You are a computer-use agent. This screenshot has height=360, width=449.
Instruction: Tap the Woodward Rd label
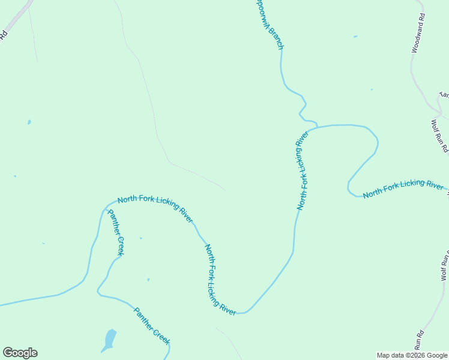(418, 34)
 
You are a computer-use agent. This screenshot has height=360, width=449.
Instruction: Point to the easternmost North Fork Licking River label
(403, 188)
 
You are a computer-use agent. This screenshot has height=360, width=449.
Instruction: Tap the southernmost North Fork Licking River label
(220, 277)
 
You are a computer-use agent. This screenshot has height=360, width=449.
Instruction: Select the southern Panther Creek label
(151, 326)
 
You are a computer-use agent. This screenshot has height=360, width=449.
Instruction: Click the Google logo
(20, 353)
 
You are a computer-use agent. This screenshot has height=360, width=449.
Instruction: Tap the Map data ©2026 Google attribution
(412, 355)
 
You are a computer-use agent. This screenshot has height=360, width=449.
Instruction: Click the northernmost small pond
(355, 37)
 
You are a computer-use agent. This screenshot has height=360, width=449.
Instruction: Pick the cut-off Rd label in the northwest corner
(3, 35)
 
